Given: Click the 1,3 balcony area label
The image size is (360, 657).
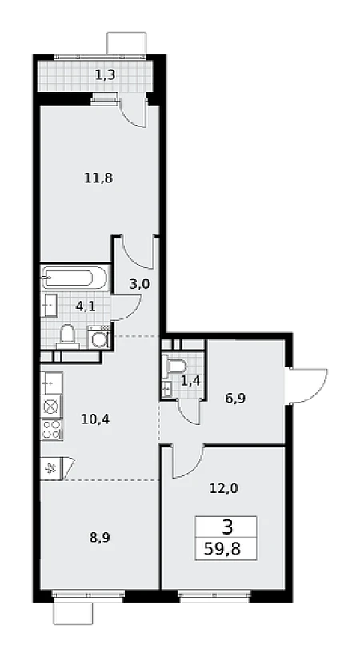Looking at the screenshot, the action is coord(105,75).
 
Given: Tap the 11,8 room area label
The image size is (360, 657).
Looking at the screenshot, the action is coord(99,178).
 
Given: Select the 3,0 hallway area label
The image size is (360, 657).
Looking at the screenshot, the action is coord(139,285).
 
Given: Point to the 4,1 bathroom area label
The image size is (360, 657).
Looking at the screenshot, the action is coord(86,306).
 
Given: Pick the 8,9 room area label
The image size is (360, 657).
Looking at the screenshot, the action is coord(100,538).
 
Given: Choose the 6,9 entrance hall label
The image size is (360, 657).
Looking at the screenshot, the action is coord(235,398).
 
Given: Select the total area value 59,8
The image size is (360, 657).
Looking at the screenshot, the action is coord(222,549).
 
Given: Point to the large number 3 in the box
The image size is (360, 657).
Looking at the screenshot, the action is coord(227,527).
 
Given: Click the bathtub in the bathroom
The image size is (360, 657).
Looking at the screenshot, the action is coord(74,278).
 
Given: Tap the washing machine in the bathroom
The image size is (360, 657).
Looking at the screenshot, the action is coord(99,337).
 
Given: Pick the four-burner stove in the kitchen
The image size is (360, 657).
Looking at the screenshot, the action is coord(52,429).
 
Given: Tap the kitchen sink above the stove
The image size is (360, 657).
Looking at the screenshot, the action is coord(51,383).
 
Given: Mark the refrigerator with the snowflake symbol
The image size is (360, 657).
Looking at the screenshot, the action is coord(51,468).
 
